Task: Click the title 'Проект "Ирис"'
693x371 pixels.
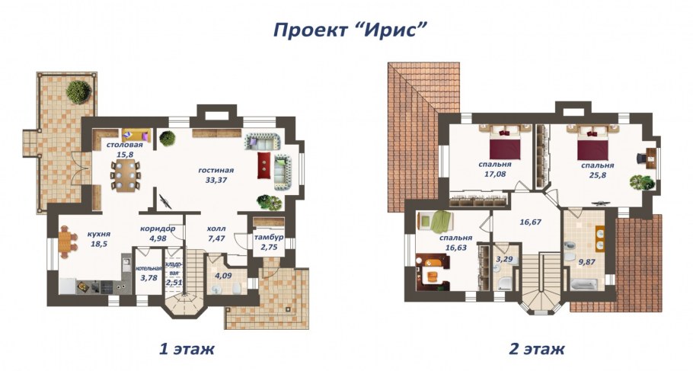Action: (350, 30)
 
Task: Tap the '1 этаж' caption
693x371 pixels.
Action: (187, 348)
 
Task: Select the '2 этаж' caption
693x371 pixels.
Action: (537, 348)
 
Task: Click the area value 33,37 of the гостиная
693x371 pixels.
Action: (216, 180)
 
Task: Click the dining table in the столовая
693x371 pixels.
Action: (125, 175)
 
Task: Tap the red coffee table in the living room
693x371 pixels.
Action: (264, 165)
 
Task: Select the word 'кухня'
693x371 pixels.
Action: (99, 234)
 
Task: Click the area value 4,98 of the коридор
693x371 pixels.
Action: (158, 238)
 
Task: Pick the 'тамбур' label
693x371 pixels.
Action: (269, 238)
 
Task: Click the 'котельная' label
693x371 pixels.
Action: (147, 268)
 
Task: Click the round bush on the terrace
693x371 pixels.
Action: (78, 92)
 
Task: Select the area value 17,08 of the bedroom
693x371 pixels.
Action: (494, 174)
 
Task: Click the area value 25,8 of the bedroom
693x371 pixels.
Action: (598, 174)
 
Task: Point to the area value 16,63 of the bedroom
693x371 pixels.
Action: (455, 247)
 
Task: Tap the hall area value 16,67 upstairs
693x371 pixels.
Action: (530, 222)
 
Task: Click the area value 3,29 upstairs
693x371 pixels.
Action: (504, 259)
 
